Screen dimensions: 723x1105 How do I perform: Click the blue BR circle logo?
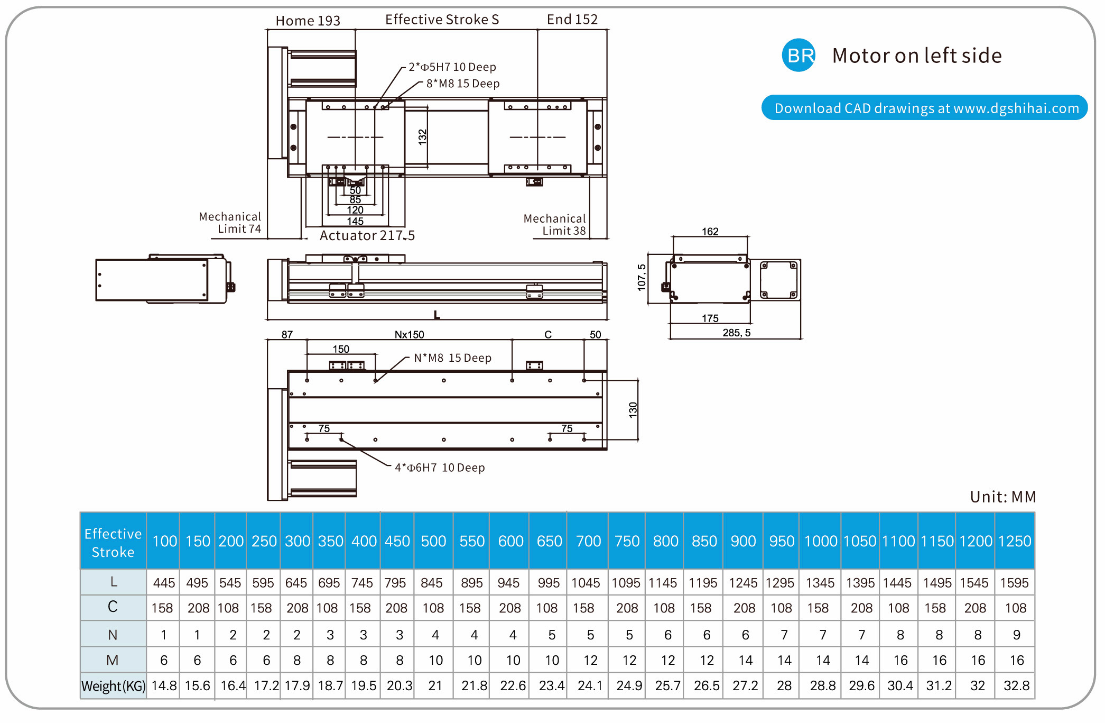798,55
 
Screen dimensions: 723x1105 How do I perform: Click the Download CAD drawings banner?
925,108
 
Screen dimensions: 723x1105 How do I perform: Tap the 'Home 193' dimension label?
308,21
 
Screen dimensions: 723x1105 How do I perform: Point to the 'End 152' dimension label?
572,20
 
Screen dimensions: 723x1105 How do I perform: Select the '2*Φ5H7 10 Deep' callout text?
452,67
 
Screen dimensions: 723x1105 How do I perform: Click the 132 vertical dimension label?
422,136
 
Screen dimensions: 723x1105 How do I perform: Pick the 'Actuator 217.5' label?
367,235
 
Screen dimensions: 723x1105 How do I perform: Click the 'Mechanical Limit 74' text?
230,223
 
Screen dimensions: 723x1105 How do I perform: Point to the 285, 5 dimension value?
736,333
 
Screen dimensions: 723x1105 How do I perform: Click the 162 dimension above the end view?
710,232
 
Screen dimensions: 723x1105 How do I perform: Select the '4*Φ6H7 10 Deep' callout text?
440,468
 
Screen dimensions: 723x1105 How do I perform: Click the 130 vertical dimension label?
633,410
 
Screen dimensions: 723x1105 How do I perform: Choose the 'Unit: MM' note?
1002,497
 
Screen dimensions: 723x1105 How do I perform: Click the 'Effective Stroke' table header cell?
113,542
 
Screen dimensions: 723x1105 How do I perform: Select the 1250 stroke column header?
1015,541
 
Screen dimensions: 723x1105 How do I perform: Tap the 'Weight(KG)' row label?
113,686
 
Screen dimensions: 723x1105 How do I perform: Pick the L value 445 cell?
164,583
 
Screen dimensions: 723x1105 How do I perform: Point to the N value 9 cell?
1016,635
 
